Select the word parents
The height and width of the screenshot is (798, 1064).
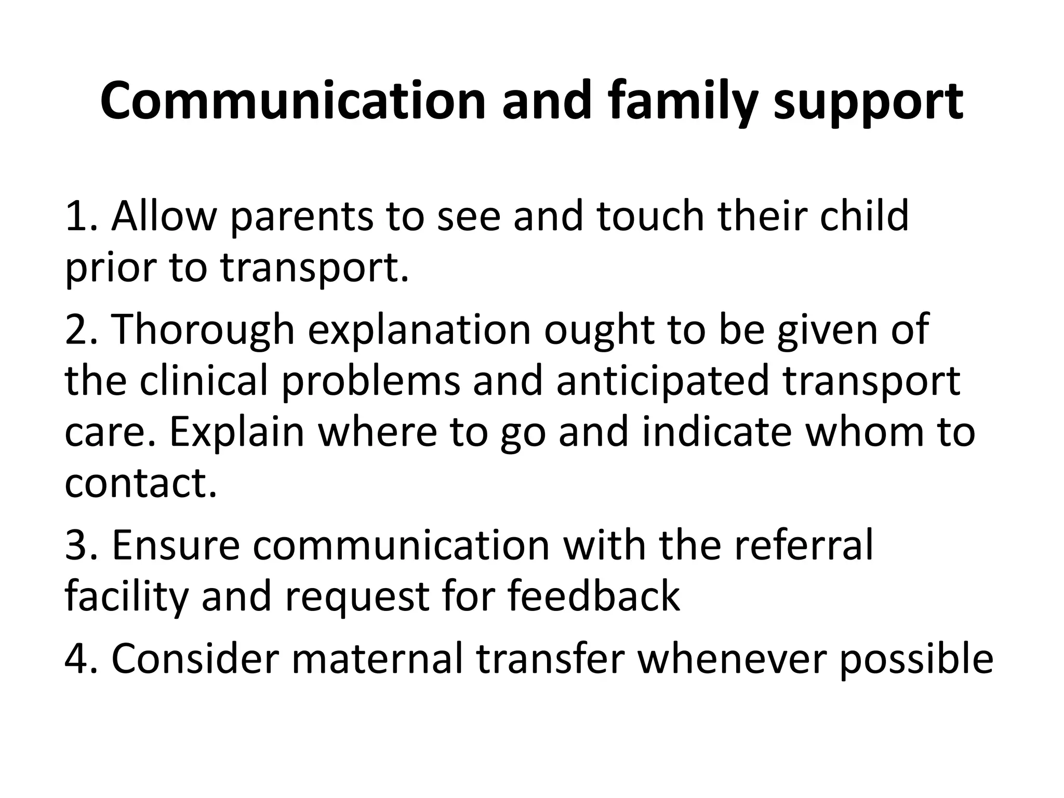(x=301, y=217)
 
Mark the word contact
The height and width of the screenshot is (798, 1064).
(x=140, y=483)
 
